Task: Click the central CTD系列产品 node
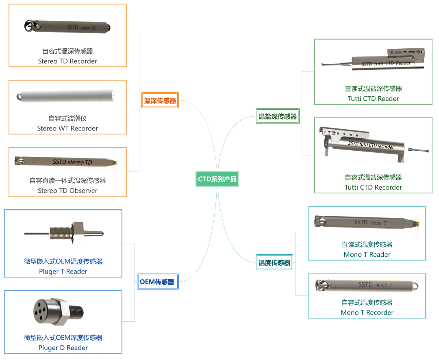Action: click(217, 179)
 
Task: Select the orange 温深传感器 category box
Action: click(160, 101)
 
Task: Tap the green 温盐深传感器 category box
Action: click(278, 117)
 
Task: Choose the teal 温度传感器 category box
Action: click(275, 263)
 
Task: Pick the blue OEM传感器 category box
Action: click(157, 282)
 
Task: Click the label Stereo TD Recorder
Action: click(67, 61)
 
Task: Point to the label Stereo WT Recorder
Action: click(67, 128)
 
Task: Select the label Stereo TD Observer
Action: click(67, 191)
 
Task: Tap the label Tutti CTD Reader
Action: click(373, 99)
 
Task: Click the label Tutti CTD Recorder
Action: click(373, 187)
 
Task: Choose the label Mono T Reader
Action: click(367, 255)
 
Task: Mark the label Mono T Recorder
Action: click(367, 313)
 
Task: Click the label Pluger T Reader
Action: click(63, 271)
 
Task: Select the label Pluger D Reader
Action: click(63, 348)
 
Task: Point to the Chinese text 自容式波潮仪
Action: click(67, 119)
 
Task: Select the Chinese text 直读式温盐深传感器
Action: click(373, 89)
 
